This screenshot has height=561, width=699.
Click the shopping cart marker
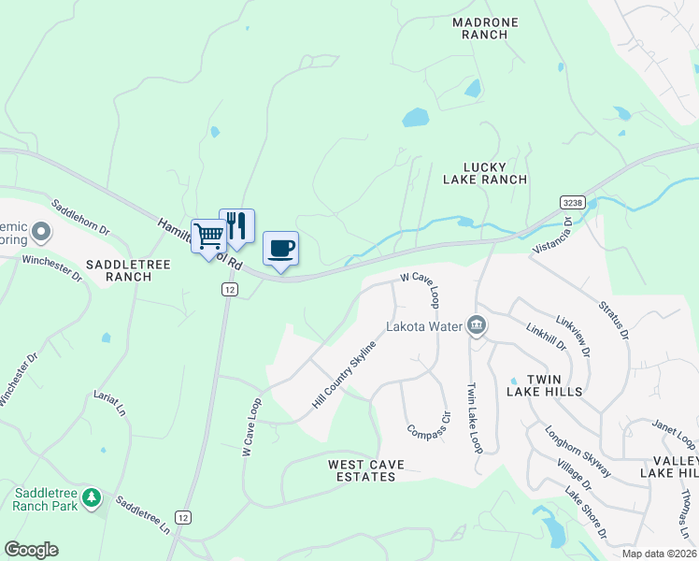click(x=208, y=235)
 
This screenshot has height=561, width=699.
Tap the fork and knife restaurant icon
click(x=236, y=225)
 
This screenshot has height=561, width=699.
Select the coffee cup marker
click(x=280, y=248)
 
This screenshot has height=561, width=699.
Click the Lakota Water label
click(x=425, y=327)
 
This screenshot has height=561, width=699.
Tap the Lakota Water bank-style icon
click(x=477, y=325)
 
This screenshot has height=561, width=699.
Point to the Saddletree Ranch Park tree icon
click(x=91, y=496)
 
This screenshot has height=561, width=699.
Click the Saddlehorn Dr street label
click(x=80, y=216)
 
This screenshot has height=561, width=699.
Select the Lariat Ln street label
click(x=108, y=403)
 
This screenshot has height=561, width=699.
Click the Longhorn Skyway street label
click(x=578, y=453)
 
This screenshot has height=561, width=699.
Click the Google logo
click(x=31, y=550)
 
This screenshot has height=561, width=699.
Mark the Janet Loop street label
click(x=674, y=433)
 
